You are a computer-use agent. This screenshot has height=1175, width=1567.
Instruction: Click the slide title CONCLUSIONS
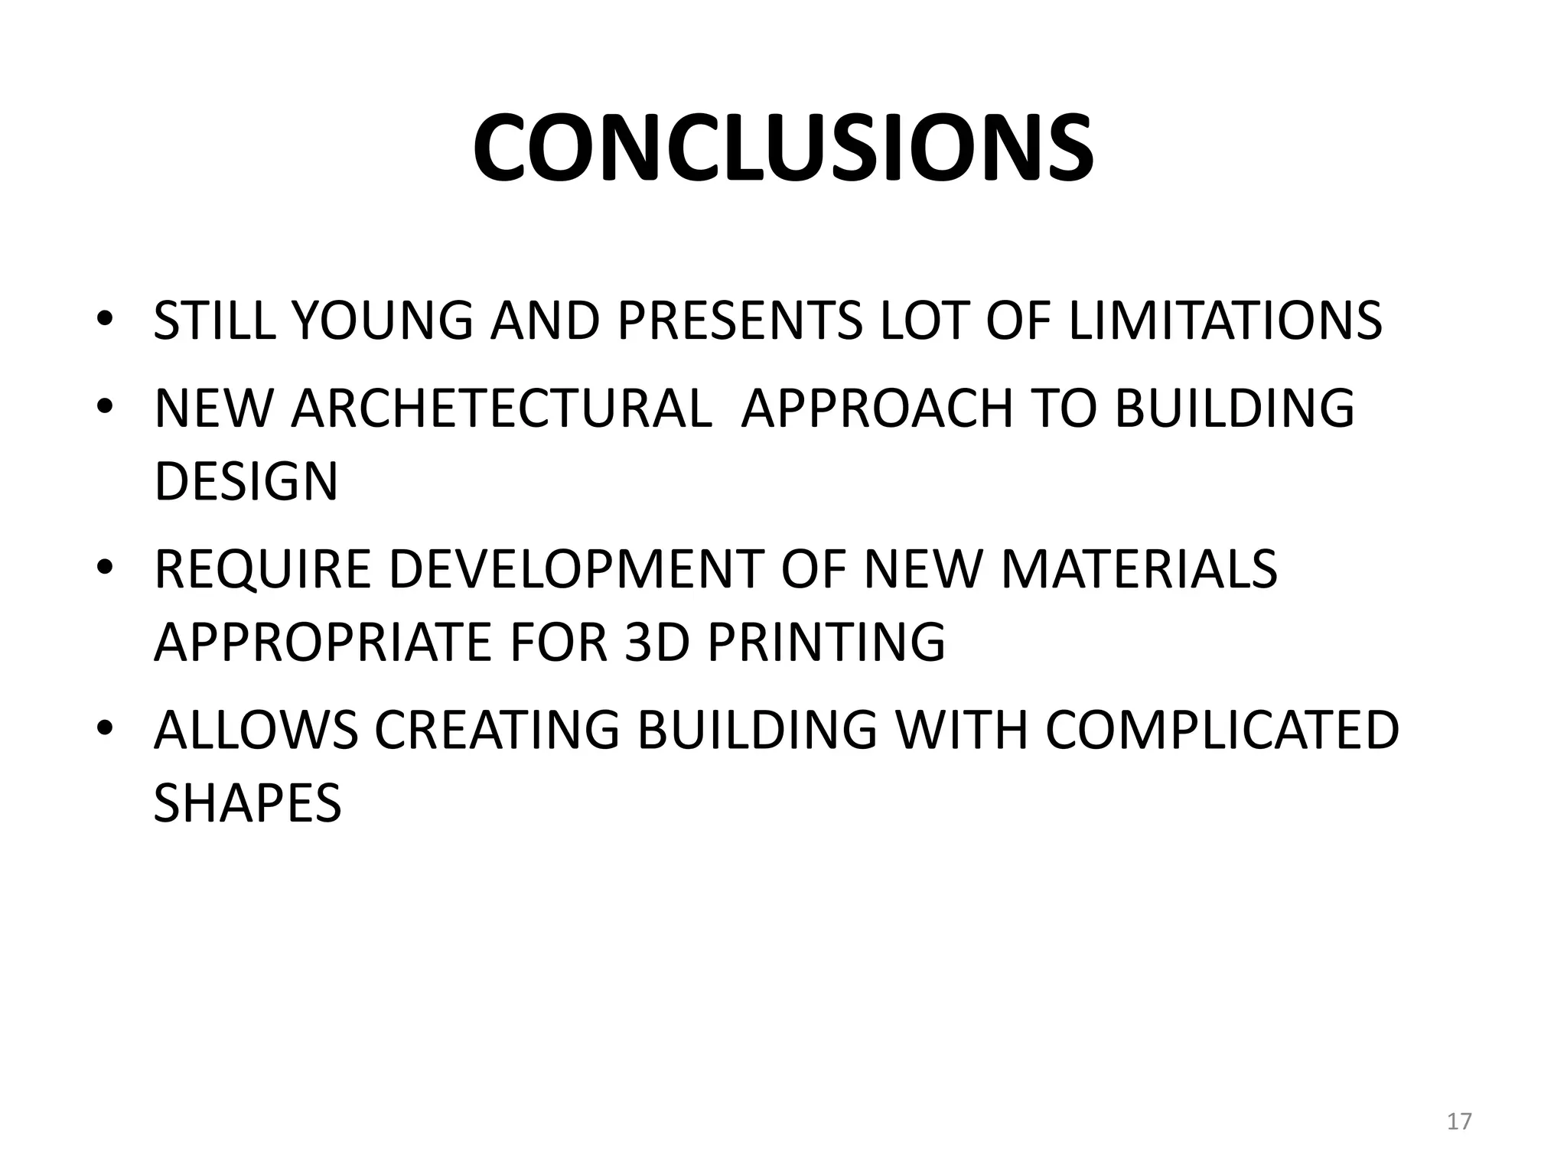click(783, 148)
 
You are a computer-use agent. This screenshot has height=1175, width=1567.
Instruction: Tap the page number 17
click(1459, 1121)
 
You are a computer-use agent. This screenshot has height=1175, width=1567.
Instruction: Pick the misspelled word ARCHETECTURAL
click(501, 408)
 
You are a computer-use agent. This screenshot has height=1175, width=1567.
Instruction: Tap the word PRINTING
click(826, 642)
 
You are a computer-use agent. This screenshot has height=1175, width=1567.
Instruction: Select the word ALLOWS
click(256, 730)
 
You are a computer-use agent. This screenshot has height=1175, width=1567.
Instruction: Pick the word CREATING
click(497, 730)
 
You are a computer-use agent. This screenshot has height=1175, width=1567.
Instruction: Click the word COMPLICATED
click(1222, 730)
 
